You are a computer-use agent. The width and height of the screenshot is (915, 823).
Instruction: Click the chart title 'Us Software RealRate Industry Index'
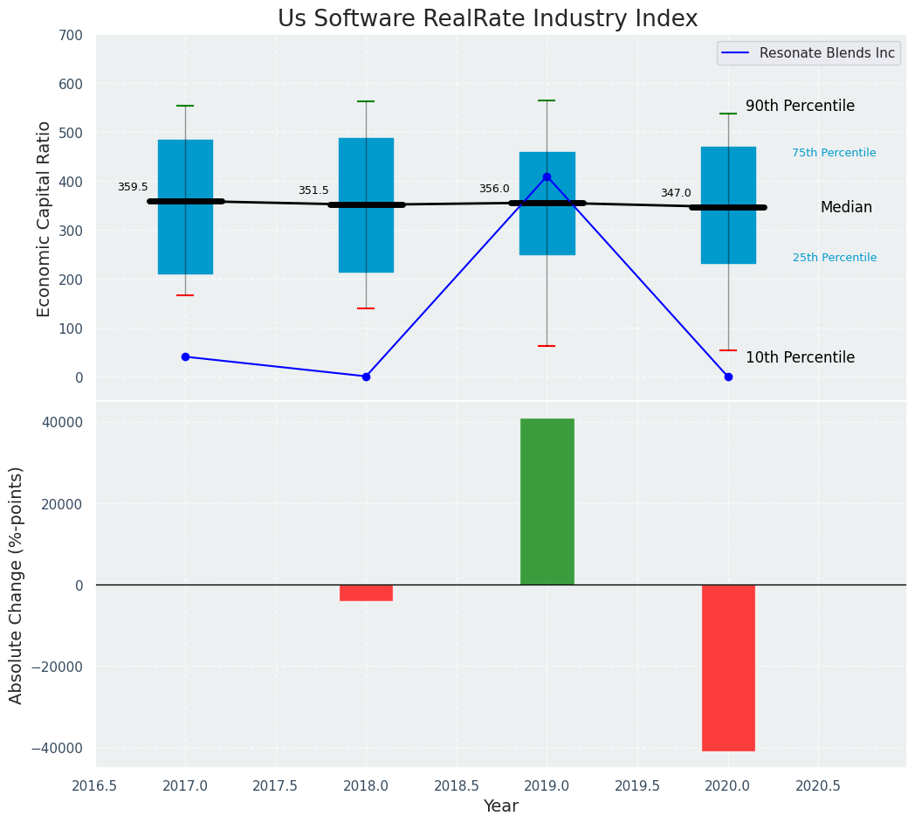coord(487,19)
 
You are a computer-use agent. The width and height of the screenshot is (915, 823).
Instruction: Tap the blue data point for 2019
coord(547,176)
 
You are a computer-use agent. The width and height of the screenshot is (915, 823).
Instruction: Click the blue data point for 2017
coord(185,356)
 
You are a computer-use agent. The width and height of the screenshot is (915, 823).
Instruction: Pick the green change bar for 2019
coord(547,501)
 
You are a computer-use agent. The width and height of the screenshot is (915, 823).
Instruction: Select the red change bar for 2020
coord(728,667)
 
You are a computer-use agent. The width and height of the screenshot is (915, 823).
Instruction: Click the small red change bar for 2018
coord(366,592)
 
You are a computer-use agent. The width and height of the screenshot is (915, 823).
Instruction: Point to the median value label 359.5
coord(133,187)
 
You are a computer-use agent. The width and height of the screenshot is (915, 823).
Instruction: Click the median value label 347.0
coord(676,193)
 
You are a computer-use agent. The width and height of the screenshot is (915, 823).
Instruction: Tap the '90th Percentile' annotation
coord(800,106)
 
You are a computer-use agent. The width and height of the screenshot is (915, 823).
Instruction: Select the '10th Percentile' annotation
coord(800,357)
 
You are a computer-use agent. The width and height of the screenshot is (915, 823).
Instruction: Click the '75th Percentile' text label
coord(834,153)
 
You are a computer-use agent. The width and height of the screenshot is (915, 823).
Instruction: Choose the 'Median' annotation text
coord(846,207)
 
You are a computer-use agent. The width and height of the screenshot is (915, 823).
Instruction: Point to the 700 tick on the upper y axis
coord(70,36)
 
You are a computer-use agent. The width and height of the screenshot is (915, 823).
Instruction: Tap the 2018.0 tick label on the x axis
coord(366,785)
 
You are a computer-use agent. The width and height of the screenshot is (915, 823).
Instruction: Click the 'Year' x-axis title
coord(501,806)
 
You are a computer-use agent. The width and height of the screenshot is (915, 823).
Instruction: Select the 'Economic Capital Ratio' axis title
coord(44,218)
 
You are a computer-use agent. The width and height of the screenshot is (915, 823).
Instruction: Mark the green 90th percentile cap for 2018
coord(366,101)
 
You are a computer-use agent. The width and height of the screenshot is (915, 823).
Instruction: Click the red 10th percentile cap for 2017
coord(185,295)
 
